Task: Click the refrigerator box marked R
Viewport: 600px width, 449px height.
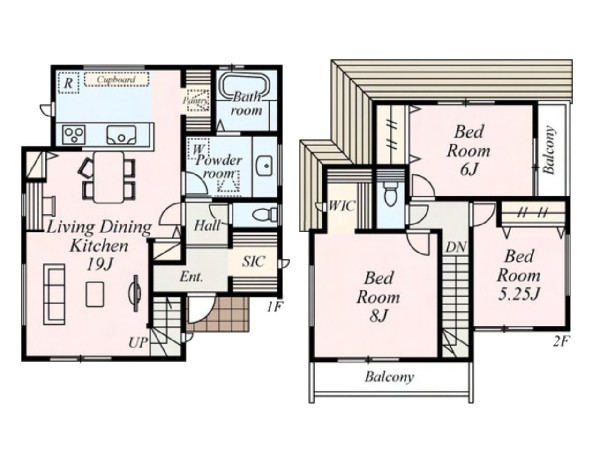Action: click(68, 82)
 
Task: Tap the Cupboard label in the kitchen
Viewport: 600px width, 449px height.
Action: click(116, 79)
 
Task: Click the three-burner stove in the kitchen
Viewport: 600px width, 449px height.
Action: click(74, 135)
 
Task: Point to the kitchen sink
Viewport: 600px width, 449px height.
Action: click(121, 135)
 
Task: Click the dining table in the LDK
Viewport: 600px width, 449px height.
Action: click(109, 177)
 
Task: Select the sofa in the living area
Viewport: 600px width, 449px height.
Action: click(54, 294)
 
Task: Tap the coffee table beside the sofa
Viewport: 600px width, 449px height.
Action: click(95, 294)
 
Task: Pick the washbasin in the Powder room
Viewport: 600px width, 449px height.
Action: click(264, 165)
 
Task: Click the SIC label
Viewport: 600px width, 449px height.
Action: click(253, 261)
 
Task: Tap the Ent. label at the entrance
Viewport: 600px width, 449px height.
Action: click(191, 276)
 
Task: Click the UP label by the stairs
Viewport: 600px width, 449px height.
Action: click(138, 343)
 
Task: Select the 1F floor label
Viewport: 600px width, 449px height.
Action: click(274, 307)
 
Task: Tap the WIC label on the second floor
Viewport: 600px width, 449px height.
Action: click(342, 206)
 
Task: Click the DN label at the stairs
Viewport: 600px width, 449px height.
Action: click(456, 247)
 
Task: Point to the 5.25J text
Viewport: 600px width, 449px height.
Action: click(518, 294)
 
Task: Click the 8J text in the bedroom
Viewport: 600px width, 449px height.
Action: click(378, 316)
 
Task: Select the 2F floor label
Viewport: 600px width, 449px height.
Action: click(562, 340)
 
